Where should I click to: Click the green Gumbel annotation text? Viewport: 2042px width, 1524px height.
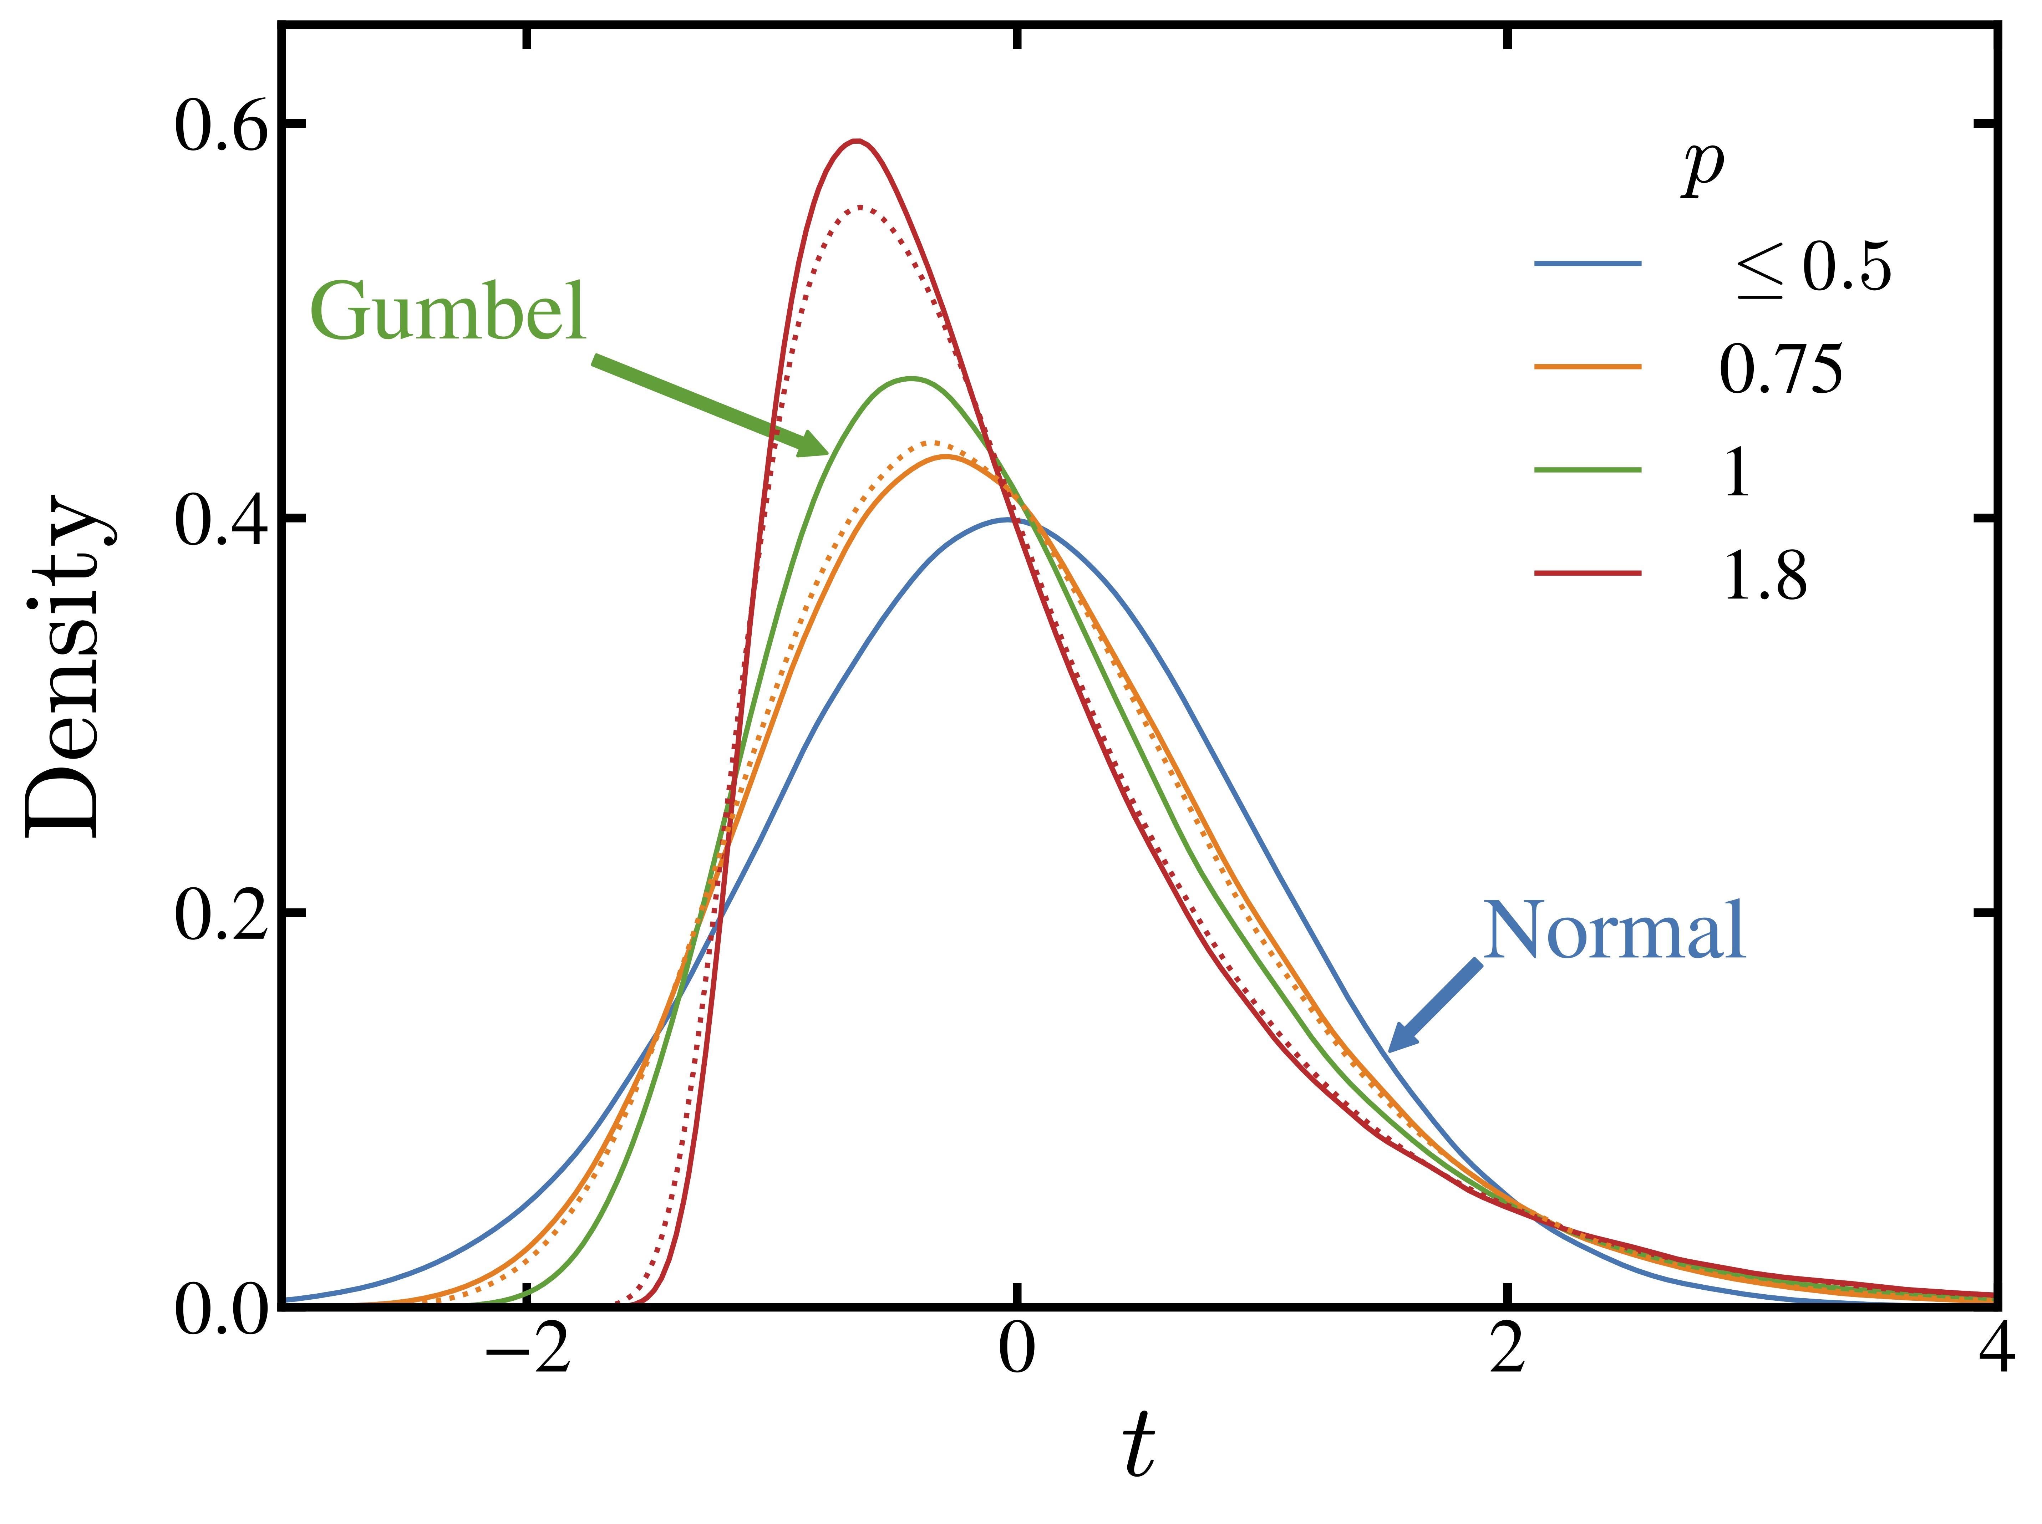pos(447,312)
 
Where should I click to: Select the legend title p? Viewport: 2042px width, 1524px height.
pos(1702,169)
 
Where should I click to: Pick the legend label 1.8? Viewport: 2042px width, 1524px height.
pos(1764,577)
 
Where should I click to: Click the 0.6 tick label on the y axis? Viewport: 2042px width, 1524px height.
pos(222,126)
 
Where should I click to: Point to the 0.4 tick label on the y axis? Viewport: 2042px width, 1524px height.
pos(222,520)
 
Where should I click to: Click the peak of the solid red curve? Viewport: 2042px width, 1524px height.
pos(857,141)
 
